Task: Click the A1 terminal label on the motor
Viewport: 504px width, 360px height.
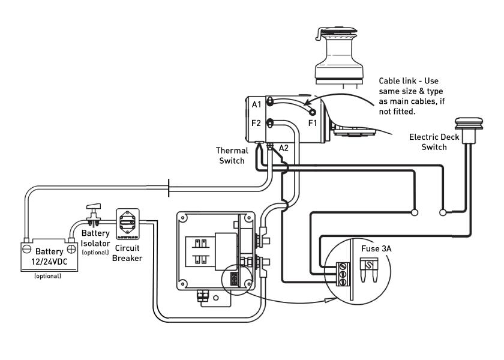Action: [257, 104]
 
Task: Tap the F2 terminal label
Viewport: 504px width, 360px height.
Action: [256, 123]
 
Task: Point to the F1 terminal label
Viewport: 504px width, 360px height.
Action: [313, 123]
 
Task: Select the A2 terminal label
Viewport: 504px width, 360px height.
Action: [283, 148]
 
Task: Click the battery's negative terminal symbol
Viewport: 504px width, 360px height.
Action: [27, 249]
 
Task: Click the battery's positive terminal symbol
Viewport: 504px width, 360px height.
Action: [71, 249]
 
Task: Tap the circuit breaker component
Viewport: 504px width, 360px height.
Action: [128, 224]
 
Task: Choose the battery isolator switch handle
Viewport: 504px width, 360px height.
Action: [94, 206]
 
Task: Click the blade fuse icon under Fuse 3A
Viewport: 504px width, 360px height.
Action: [368, 269]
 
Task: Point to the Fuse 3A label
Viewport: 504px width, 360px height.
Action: [376, 248]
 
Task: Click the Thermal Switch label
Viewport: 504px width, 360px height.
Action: [232, 155]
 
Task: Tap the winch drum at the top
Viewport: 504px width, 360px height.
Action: [339, 53]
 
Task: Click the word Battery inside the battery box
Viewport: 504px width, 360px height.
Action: [49, 251]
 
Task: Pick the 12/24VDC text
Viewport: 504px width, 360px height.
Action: [49, 262]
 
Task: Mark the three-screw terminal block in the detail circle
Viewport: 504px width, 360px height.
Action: [343, 274]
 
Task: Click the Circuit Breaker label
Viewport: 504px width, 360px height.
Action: [127, 253]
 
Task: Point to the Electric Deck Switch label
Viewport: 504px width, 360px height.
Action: [434, 142]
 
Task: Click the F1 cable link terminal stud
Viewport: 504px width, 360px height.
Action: [313, 112]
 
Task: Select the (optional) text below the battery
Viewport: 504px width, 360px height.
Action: [47, 276]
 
